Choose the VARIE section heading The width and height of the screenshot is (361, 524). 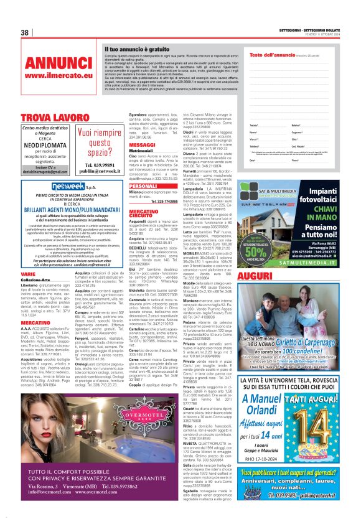point(28,256)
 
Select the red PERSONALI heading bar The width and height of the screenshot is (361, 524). point(143,186)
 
